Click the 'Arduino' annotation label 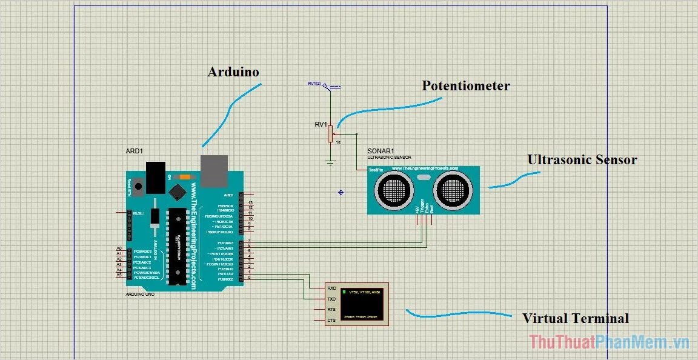coord(233,72)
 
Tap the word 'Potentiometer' coord(465,86)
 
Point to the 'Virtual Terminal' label coord(575,318)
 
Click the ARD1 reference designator coord(134,151)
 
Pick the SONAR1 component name coord(381,152)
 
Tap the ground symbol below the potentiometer coord(330,162)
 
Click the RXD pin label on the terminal coord(331,288)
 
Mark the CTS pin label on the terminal coord(331,320)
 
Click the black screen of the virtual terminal coord(361,303)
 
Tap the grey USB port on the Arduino coord(214,170)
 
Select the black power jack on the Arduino coord(156,176)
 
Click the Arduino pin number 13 coord(250,203)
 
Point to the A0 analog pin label coord(119,248)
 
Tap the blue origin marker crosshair coord(341,192)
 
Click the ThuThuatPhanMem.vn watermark coord(609,342)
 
